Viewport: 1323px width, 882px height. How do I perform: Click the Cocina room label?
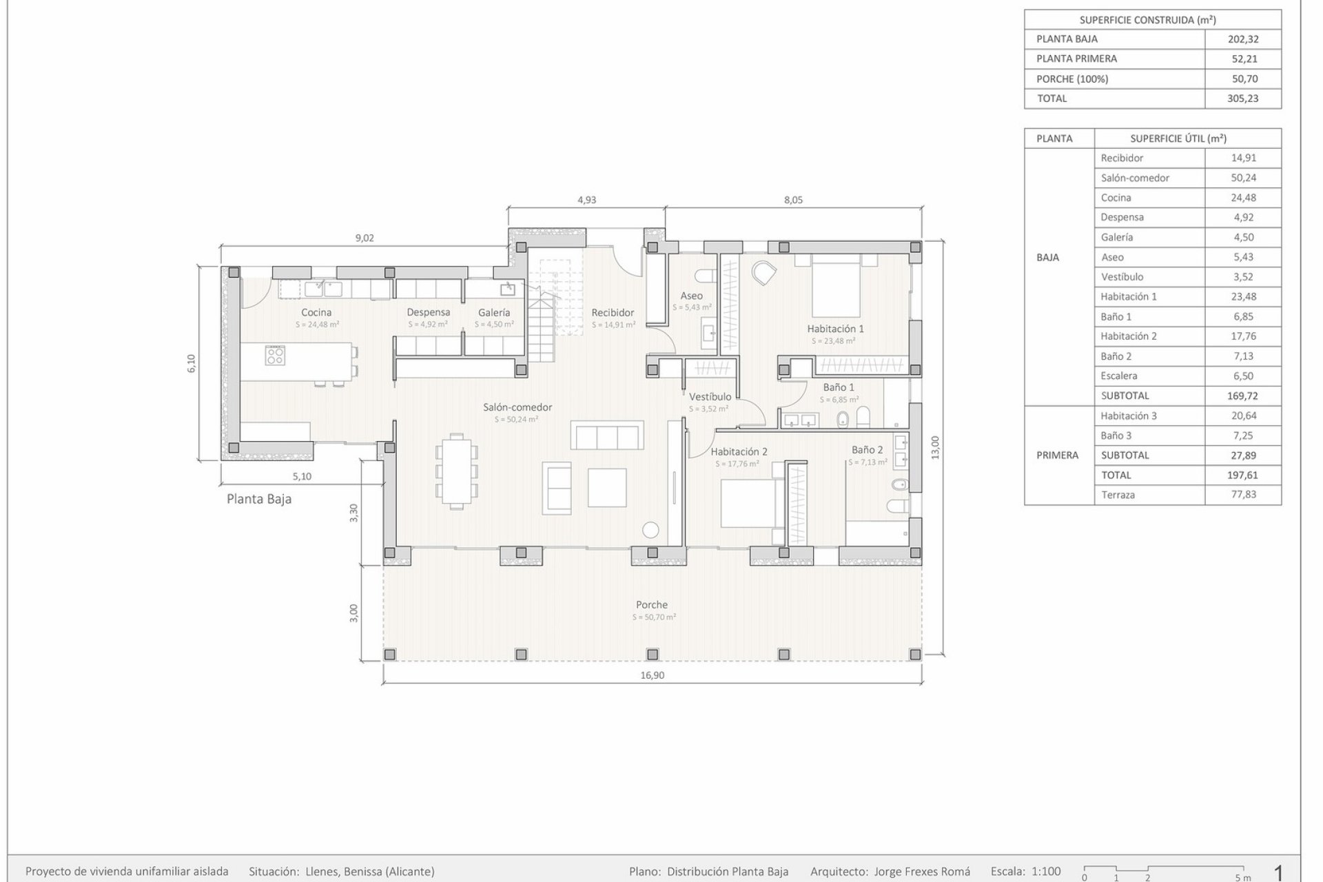pos(316,312)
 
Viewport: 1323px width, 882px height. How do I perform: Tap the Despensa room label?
pos(428,312)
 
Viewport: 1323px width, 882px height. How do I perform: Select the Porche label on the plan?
pos(652,605)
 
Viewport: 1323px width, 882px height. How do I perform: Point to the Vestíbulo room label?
pos(710,397)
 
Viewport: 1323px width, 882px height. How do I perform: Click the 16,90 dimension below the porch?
pos(652,675)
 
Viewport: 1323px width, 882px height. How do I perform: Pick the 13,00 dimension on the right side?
pos(935,448)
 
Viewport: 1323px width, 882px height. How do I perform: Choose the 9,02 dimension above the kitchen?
pos(365,238)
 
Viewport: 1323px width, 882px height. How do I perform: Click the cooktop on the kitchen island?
pos(276,355)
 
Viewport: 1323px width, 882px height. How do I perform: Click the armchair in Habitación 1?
pos(763,273)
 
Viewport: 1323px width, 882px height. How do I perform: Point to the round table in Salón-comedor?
pos(651,530)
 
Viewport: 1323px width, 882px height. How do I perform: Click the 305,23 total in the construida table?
pos(1243,99)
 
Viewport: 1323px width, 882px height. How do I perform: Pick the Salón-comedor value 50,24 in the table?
pos(1243,178)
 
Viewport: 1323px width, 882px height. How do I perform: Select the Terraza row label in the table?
pos(1118,495)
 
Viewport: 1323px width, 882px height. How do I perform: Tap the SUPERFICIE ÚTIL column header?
pos(1178,139)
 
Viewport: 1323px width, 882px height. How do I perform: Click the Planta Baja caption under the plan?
pos(259,499)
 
